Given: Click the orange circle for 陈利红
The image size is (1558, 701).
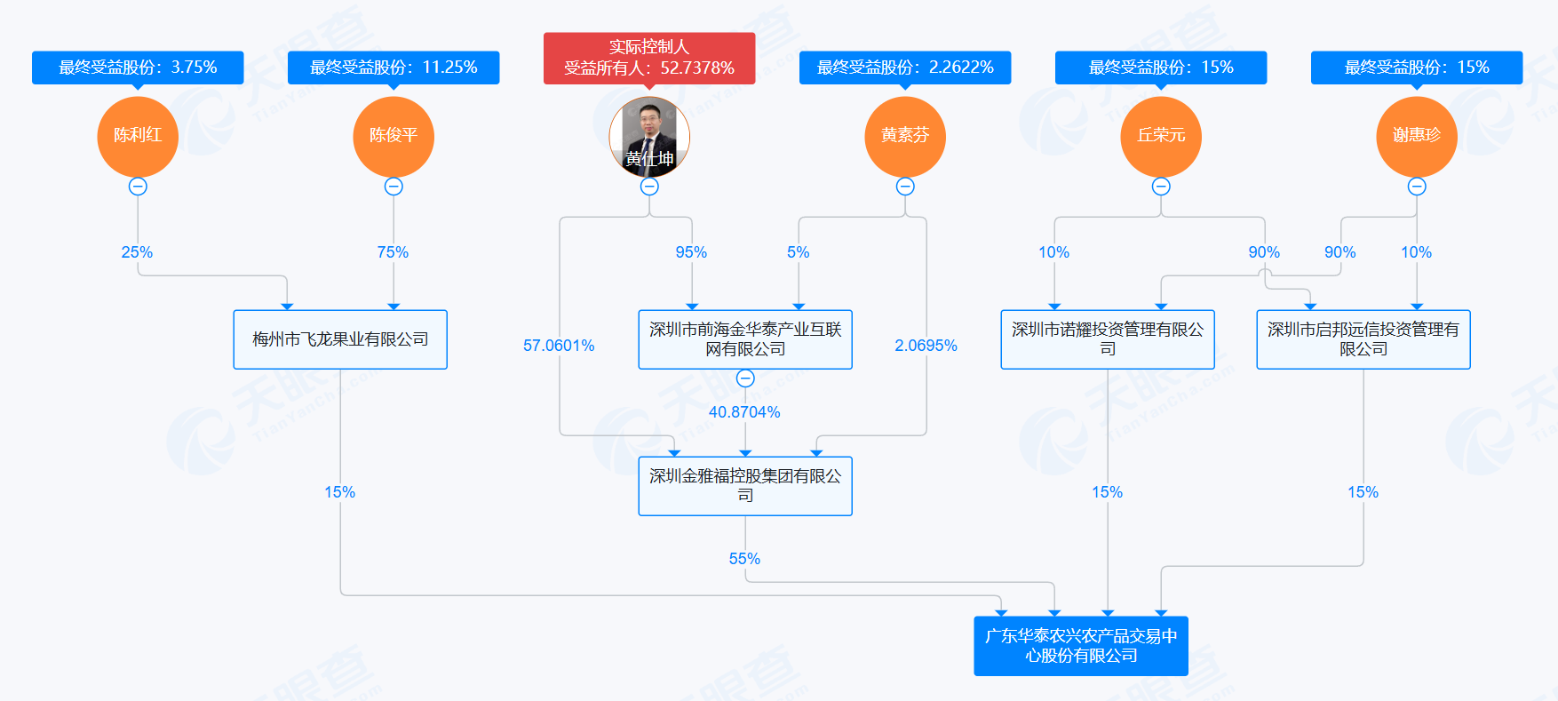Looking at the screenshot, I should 138,136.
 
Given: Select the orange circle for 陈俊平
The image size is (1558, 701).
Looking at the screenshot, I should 393,136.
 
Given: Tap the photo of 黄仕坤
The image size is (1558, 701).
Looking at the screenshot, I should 649,136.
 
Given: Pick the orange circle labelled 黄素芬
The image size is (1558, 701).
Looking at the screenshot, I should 905,136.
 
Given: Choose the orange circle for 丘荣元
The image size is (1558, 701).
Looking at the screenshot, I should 1161,136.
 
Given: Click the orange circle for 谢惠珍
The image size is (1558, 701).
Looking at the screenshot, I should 1417,136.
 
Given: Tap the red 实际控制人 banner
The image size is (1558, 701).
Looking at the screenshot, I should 649,58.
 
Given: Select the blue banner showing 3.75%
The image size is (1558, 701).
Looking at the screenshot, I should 138,68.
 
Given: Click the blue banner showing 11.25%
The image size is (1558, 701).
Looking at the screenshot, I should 393,68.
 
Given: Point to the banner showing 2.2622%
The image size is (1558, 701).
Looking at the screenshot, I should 905,68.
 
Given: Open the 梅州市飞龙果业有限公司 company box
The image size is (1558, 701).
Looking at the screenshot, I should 340,339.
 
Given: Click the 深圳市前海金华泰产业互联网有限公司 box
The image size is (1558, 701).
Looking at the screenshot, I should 745,339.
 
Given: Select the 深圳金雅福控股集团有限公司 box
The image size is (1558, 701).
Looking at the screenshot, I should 745,486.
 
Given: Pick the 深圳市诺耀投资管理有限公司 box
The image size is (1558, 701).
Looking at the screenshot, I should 1108,339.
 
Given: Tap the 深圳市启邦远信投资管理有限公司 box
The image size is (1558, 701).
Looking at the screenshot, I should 1363,339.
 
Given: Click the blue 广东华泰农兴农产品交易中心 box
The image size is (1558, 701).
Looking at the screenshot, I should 1081,646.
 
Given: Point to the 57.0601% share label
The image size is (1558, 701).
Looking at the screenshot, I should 559,346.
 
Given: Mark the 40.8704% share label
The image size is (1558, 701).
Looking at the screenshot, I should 744,412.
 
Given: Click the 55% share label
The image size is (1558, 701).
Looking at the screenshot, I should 744,559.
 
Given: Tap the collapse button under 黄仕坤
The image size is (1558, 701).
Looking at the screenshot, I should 649,187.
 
